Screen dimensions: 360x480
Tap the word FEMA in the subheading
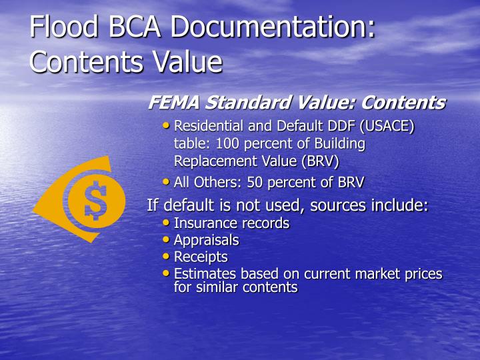click(x=174, y=103)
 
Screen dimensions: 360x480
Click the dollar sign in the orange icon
click(x=96, y=199)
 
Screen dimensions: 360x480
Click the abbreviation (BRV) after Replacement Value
click(x=321, y=161)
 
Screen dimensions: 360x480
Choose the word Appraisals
click(x=206, y=240)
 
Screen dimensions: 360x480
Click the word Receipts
click(x=201, y=257)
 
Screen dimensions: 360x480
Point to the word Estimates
click(x=203, y=273)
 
